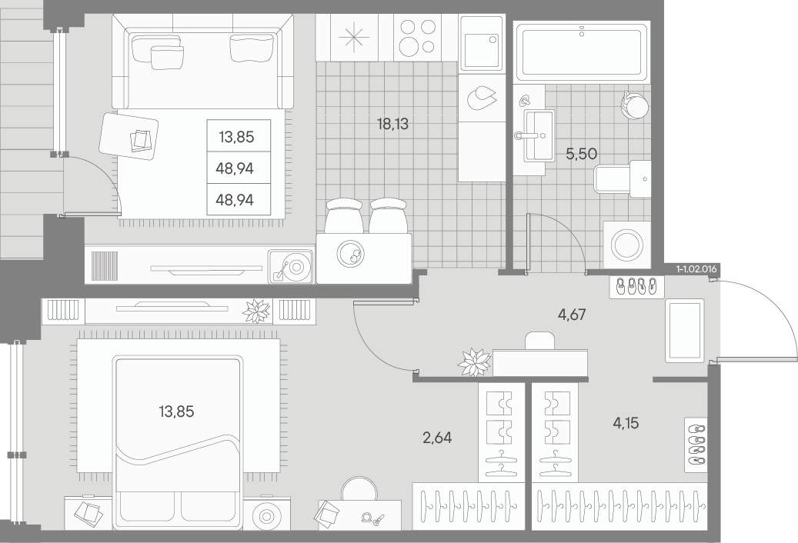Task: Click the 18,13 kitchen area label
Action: click(393, 124)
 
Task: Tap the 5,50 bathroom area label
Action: click(581, 154)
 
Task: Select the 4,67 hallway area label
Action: click(572, 315)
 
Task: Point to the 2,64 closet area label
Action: click(437, 438)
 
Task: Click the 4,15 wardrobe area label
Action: click(626, 422)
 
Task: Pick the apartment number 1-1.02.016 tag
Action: click(696, 269)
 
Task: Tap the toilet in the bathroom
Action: click(623, 178)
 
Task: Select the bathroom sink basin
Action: click(539, 135)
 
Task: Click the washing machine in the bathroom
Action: click(627, 245)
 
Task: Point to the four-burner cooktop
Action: click(417, 38)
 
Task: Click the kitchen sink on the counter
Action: click(482, 43)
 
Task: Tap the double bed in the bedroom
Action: click(177, 441)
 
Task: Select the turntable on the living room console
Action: click(291, 266)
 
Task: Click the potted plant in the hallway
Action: click(474, 361)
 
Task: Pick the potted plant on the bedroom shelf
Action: click(256, 311)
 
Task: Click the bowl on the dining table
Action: click(351, 253)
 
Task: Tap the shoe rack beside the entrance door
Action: click(636, 286)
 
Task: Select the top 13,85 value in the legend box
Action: click(236, 137)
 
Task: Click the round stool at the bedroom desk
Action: click(359, 490)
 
